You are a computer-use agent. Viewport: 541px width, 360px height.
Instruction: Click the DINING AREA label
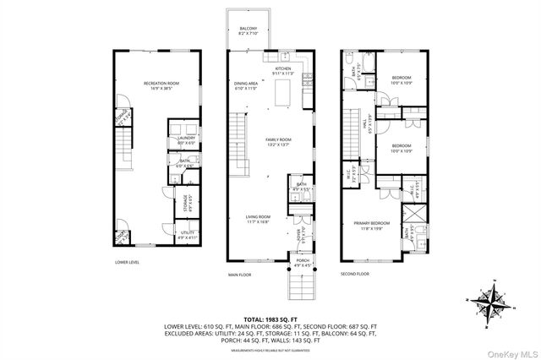pyautogui.click(x=246, y=85)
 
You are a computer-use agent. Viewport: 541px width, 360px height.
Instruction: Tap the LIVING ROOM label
pyautogui.click(x=259, y=218)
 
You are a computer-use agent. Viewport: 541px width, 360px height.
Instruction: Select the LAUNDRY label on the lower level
pyautogui.click(x=186, y=139)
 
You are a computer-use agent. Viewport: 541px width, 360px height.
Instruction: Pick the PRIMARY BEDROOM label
pyautogui.click(x=374, y=226)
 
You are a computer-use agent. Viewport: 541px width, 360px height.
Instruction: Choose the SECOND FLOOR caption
pyautogui.click(x=356, y=274)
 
